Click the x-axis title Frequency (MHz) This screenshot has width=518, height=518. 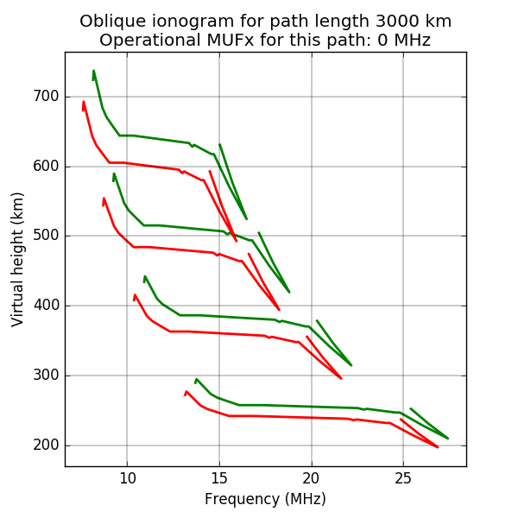[x=265, y=499]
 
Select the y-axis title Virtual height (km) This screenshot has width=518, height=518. [x=18, y=260]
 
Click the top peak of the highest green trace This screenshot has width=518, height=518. [x=93, y=71]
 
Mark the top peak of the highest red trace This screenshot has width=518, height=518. [x=84, y=102]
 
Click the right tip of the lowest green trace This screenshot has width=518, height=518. [x=447, y=438]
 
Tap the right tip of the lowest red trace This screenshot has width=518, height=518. [x=438, y=446]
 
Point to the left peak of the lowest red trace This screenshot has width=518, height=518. [x=186, y=391]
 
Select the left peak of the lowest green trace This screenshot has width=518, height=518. [x=197, y=379]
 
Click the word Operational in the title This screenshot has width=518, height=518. [x=147, y=40]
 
